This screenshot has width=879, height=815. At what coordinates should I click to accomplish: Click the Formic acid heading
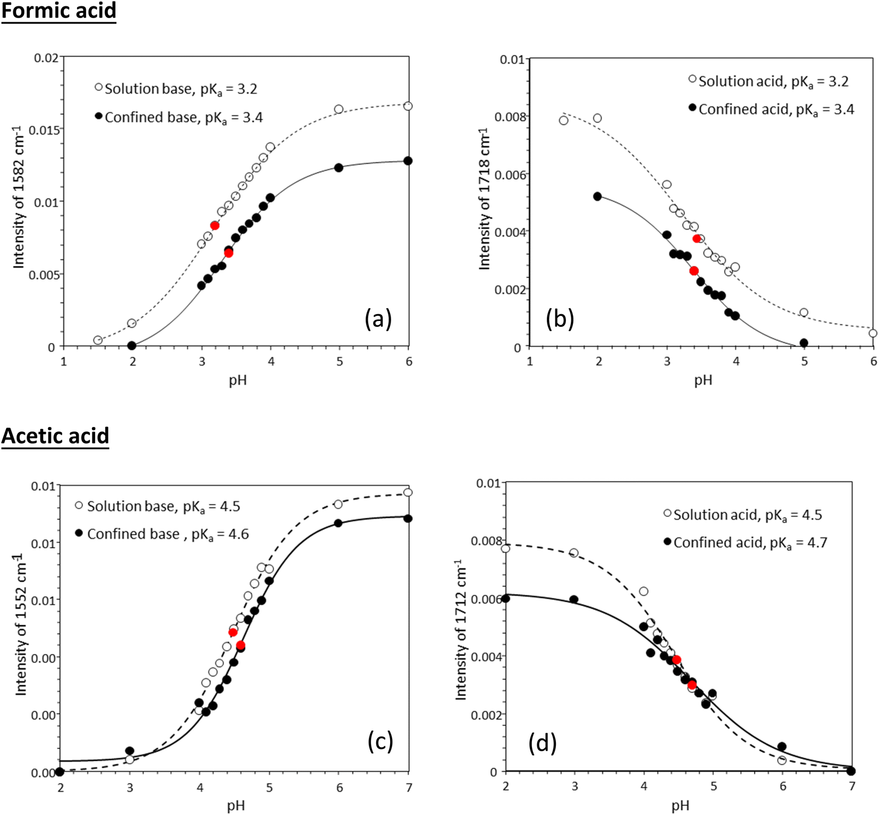point(58,11)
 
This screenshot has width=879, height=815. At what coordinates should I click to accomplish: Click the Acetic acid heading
point(55,435)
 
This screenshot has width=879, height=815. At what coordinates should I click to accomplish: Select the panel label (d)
point(542,743)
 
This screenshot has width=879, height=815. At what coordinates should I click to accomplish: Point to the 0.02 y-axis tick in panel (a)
point(46,57)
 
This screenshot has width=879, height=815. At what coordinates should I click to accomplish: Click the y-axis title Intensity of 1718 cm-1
point(484,199)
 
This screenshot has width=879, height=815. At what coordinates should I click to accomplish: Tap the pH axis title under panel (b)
point(703,380)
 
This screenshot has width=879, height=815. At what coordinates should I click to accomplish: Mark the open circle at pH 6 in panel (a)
point(408,106)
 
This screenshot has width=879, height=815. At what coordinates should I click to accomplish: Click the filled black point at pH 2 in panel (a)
point(132,346)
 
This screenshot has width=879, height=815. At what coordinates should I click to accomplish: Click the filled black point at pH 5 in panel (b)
point(804,343)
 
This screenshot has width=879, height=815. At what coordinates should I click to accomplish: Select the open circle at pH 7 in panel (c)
point(408,492)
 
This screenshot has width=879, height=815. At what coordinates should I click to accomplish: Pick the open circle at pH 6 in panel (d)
point(782,760)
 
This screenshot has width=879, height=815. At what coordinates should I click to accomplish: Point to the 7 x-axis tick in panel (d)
point(851,786)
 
